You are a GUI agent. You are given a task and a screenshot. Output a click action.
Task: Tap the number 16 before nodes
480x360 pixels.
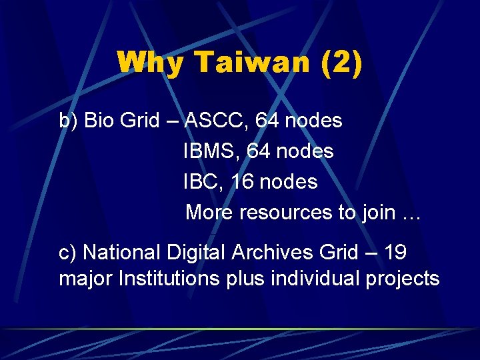241,181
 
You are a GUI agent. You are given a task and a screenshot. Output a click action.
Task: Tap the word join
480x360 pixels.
379,212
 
